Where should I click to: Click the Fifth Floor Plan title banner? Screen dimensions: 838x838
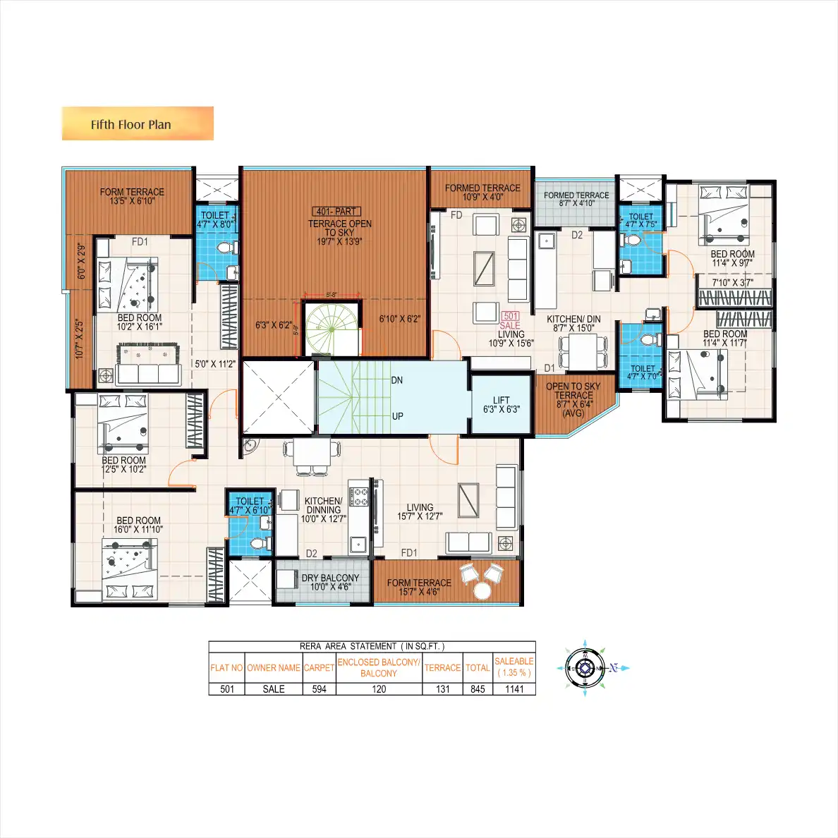coord(138,124)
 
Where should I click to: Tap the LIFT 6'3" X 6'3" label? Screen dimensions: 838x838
coord(501,405)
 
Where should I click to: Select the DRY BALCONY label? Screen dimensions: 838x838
coord(330,582)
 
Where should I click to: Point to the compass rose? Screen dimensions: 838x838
coord(585,668)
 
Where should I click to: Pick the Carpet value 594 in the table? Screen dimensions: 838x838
coord(319,689)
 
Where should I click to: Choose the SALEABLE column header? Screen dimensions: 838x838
coord(514,667)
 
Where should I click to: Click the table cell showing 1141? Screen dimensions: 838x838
coord(514,689)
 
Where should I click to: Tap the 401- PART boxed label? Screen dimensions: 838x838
coord(337,212)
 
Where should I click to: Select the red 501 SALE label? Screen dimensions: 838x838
coord(510,321)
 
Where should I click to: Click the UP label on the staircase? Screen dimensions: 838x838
coord(397,416)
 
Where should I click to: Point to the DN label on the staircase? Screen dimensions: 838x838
coord(397,380)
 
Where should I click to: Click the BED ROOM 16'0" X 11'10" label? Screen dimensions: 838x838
coord(138,525)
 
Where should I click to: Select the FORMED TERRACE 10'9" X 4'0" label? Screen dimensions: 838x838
coord(482,192)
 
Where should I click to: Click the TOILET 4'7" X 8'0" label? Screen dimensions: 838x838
coord(215,219)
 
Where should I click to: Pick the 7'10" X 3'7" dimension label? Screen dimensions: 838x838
coord(732,283)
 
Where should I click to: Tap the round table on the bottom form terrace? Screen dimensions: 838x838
coord(482,590)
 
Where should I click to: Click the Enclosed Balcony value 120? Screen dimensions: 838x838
coord(379,689)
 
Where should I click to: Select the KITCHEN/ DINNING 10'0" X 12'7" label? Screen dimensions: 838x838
coord(323,509)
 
